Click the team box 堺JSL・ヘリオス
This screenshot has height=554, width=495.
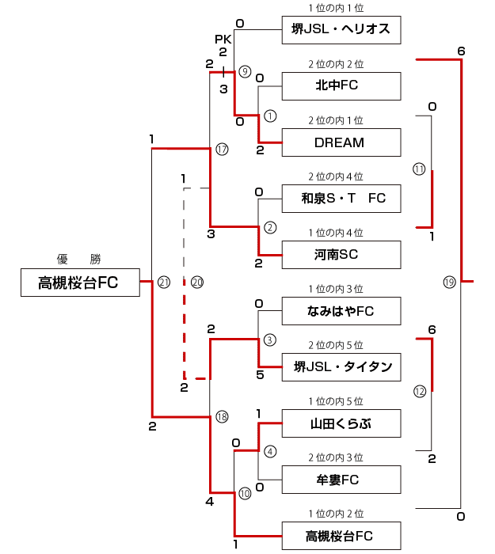coord(341,29)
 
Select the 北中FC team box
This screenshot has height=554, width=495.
coord(341,85)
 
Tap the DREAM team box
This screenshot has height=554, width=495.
coord(341,142)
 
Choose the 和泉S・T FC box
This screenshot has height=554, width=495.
coord(341,198)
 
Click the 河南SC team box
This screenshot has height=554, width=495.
coord(341,255)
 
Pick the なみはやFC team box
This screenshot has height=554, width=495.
coord(341,311)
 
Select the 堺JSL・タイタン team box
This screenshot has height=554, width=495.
coord(341,367)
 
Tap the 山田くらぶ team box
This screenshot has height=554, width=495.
coord(341,423)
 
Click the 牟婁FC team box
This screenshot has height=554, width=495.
coord(341,480)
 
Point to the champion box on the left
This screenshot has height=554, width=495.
coord(79,283)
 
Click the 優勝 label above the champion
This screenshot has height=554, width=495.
coord(79,259)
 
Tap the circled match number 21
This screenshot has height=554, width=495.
coord(164,282)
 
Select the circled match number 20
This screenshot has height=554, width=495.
coord(197,282)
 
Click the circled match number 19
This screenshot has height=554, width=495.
coord(450,282)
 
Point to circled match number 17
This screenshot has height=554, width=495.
coord(222,149)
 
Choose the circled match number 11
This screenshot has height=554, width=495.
coord(419,169)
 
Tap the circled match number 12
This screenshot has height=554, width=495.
coord(419,390)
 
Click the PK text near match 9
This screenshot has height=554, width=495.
coord(222,38)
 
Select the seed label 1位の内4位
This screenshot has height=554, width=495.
coord(336,233)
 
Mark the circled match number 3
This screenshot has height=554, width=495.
coord(270,340)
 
